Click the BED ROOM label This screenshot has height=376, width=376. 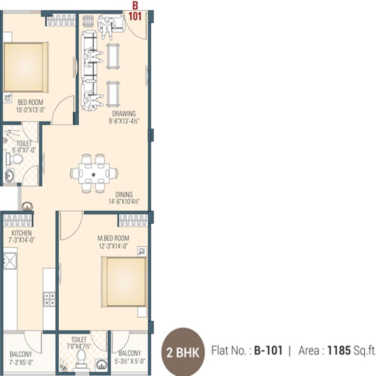coord(30,102)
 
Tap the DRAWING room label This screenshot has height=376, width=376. coord(123,114)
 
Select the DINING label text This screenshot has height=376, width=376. coord(124,194)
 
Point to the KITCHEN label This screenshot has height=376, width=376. coord(22,233)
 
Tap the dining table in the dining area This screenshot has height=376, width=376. coord(94,173)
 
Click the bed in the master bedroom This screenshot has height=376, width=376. coord(124,281)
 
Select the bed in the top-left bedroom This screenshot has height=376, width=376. coord(25,67)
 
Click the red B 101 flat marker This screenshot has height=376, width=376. coord(135,11)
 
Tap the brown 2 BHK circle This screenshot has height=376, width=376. coord(183,352)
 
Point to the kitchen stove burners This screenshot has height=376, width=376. coord(49,299)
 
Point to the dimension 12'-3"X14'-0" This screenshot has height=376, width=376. coord(113,246)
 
